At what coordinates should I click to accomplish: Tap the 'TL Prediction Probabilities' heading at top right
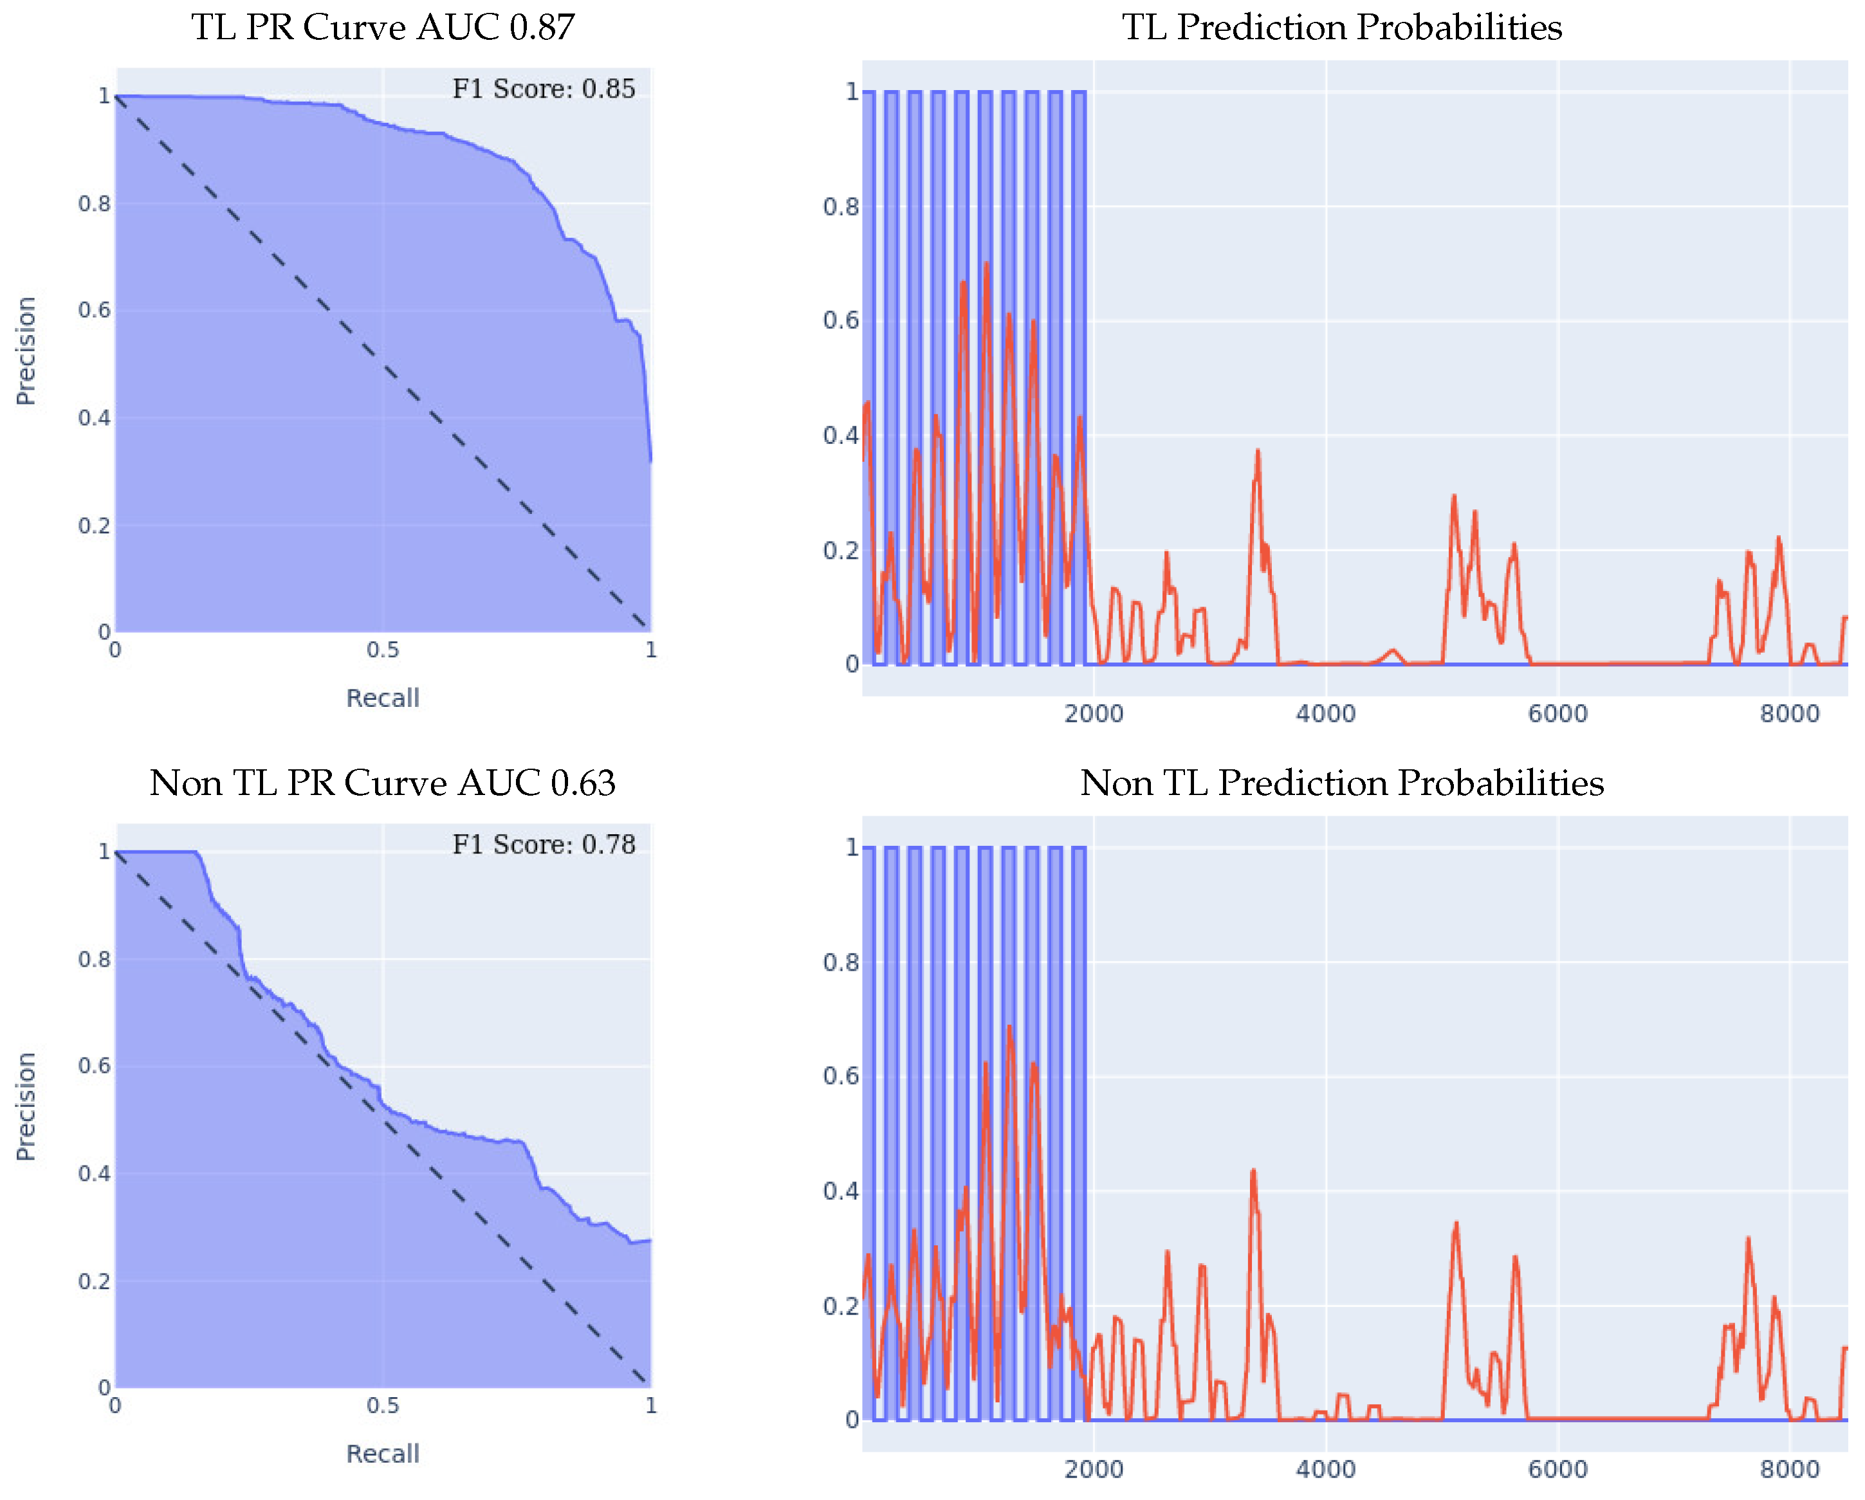pos(1342,28)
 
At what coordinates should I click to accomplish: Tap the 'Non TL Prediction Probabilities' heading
pos(1342,783)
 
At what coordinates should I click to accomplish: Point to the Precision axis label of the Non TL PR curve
pos(26,1107)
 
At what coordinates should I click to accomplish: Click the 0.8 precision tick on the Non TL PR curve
pos(95,959)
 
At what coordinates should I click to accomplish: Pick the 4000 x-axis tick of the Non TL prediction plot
pos(1325,1470)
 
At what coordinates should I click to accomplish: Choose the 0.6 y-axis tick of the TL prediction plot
pos(841,321)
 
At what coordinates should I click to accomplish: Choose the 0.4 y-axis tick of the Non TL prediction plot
pos(841,1191)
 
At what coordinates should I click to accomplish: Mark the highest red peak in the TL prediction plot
pos(986,264)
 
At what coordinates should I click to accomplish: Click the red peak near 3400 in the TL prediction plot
pos(1258,451)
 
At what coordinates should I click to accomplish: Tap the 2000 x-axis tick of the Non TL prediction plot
pos(1094,1470)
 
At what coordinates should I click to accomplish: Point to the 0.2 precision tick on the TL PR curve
pos(95,526)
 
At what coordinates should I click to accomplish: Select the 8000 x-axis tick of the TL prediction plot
pos(1789,715)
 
